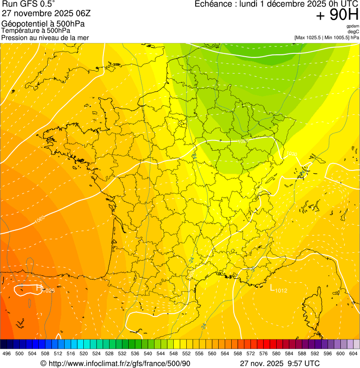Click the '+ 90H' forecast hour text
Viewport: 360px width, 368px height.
[x=337, y=15]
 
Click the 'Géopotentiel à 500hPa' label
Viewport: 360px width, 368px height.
[x=43, y=24]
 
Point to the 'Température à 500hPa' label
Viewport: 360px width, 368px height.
[x=36, y=30]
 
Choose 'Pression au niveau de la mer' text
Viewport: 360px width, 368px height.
[x=45, y=37]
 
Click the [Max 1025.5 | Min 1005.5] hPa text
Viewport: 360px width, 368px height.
[x=326, y=37]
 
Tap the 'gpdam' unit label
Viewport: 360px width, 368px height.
[x=353, y=26]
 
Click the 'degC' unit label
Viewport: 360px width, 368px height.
[x=353, y=31]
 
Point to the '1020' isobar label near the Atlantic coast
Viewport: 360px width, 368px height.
[x=40, y=219]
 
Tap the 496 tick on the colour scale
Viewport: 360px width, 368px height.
[x=7, y=353]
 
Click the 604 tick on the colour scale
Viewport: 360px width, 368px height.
[x=353, y=353]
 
